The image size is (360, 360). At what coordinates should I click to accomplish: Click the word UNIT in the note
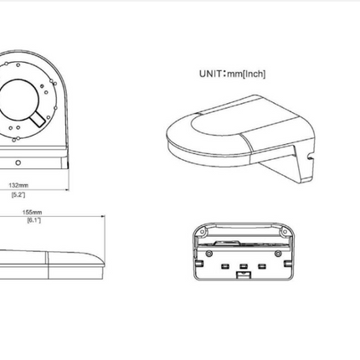(x=210, y=74)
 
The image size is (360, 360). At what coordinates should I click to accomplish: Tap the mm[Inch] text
(x=246, y=74)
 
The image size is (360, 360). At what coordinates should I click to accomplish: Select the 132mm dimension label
(x=18, y=185)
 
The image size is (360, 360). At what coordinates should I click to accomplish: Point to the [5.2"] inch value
(x=18, y=194)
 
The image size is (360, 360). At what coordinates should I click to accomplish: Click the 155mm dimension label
(x=32, y=212)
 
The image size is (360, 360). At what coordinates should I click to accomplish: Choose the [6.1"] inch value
(x=33, y=220)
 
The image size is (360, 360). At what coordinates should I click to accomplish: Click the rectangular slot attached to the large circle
(x=38, y=119)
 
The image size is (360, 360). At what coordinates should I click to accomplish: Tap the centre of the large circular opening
(x=18, y=100)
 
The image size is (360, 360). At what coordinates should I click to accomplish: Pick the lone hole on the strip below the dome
(x=18, y=162)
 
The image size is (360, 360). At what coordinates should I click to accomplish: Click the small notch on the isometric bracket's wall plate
(x=310, y=157)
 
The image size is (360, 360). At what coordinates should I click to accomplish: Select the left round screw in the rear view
(x=208, y=254)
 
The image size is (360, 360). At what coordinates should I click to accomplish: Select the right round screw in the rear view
(x=278, y=254)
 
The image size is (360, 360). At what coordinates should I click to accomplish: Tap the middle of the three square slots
(x=243, y=266)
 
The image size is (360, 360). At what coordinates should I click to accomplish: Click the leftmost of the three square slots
(x=225, y=266)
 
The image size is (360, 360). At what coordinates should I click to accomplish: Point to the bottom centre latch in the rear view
(x=244, y=275)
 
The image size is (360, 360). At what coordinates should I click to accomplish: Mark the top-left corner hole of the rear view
(x=202, y=231)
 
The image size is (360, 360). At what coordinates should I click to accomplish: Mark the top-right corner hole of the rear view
(x=285, y=231)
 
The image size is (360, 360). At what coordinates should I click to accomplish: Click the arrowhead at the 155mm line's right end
(x=103, y=216)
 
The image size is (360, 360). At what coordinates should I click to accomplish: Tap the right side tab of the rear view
(x=287, y=264)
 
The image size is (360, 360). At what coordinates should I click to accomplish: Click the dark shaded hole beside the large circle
(x=43, y=86)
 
